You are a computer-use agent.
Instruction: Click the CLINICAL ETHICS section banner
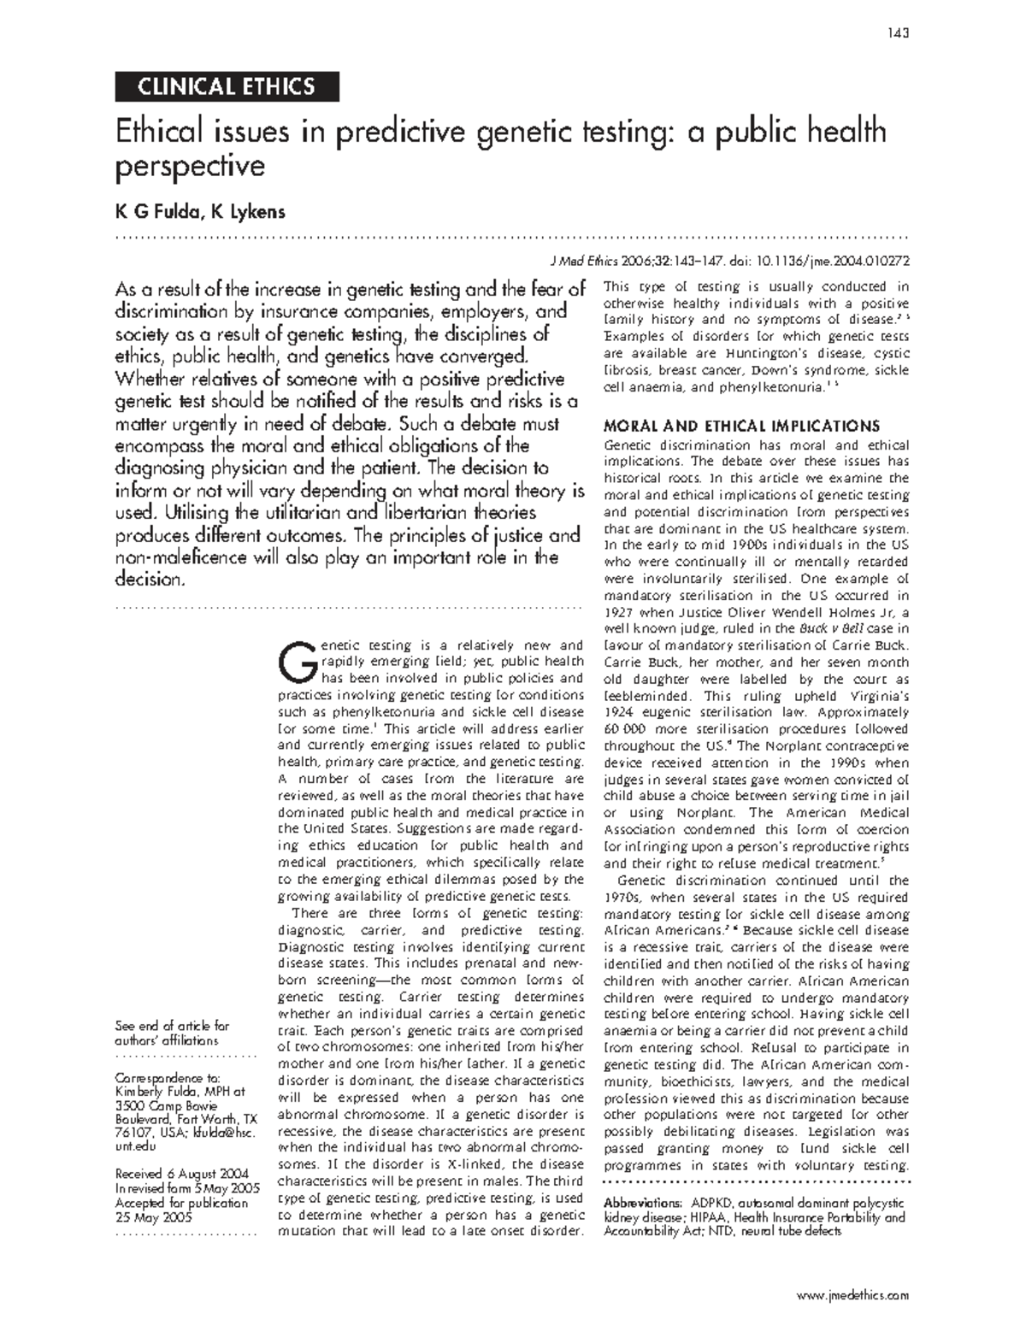coord(227,86)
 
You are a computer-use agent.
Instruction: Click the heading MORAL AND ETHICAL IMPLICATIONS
coord(741,426)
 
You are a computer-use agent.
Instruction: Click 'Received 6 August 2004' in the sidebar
coord(182,1173)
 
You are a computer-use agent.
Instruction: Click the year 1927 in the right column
coord(618,612)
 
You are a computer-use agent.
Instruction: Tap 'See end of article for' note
coord(172,1026)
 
